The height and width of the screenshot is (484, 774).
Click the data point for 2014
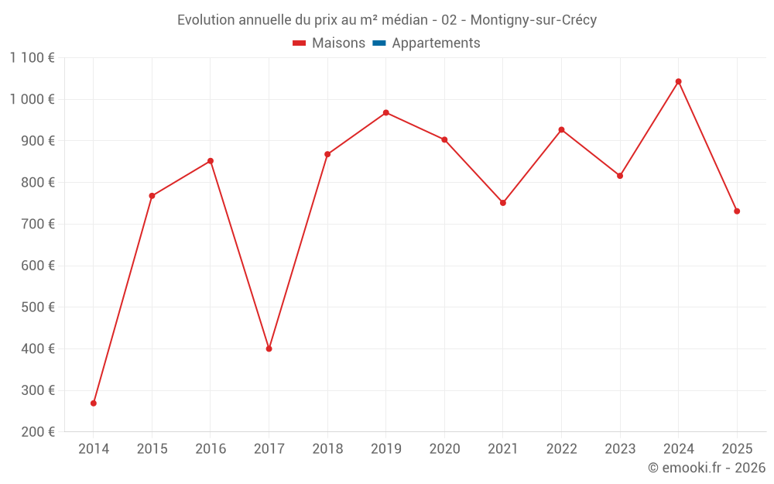click(94, 403)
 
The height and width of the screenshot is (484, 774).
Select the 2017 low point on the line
click(269, 348)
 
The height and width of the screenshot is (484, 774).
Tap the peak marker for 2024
click(679, 81)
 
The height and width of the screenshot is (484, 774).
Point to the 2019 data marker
click(386, 112)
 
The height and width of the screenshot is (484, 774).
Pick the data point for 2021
click(503, 203)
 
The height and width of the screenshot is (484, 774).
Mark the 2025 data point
click(737, 211)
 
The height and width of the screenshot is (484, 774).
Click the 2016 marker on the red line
click(211, 161)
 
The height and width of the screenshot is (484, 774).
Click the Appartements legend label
click(436, 43)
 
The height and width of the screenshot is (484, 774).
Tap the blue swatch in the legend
click(379, 43)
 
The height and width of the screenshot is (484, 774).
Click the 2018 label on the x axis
click(327, 449)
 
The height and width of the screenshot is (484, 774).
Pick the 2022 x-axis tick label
click(562, 449)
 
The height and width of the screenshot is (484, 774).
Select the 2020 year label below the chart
click(444, 449)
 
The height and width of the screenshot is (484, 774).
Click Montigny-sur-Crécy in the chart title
click(534, 20)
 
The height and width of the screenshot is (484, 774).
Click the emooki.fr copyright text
click(707, 468)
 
